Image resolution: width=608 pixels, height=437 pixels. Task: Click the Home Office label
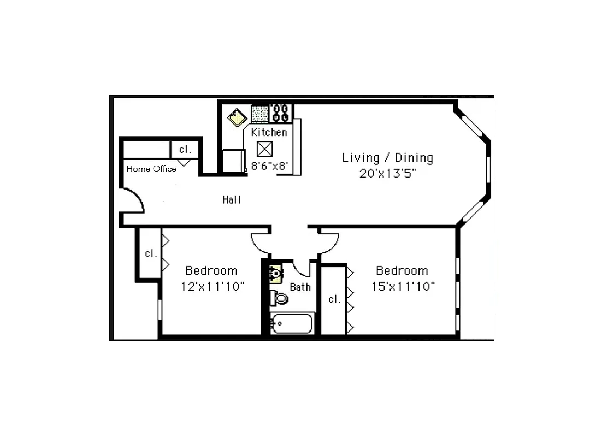point(151,169)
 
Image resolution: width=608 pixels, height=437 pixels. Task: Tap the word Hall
point(232,200)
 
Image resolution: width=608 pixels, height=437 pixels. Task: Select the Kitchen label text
point(269,132)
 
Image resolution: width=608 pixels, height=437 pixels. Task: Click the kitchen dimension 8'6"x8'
point(269,166)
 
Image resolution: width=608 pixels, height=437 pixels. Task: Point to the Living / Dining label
point(387,158)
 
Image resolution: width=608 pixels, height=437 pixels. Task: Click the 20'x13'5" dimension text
point(387,174)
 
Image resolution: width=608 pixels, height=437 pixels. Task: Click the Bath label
point(300,287)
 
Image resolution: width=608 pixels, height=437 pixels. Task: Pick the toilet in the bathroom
point(279,298)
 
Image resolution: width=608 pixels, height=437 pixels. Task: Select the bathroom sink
point(276,273)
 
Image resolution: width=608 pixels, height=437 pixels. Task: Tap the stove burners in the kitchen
point(281,113)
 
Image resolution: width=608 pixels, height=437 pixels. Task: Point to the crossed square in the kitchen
point(264,148)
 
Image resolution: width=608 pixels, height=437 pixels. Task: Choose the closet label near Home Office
point(185,149)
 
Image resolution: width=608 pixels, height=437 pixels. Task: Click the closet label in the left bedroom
point(151,253)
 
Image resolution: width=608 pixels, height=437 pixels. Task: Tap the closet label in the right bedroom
point(334,299)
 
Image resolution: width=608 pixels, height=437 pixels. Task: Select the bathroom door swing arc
point(302,269)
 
